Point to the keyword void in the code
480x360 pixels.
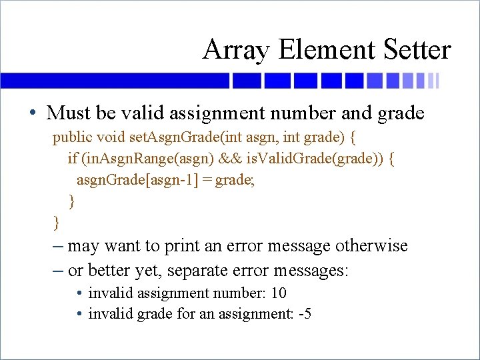point(111,138)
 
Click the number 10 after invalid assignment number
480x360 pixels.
point(279,293)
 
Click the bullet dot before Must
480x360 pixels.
point(33,113)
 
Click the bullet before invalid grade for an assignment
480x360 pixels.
point(79,313)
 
